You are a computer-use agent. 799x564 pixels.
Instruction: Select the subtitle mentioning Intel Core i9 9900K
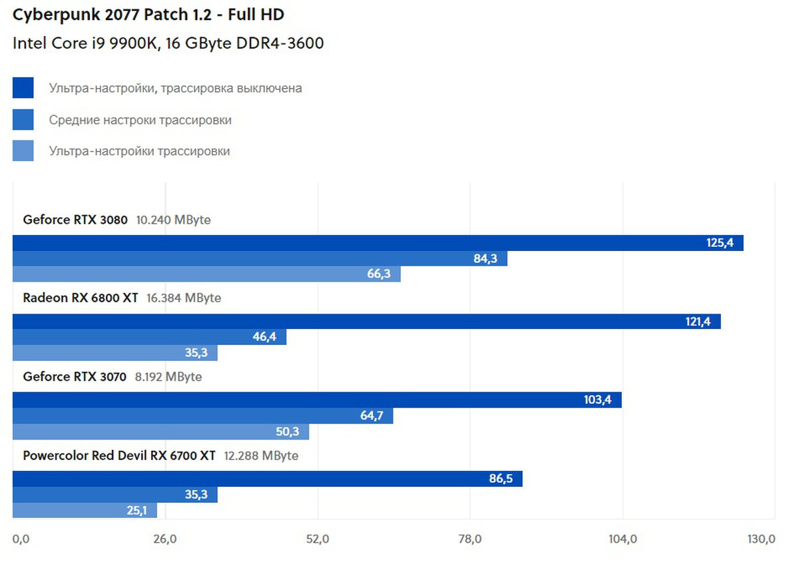[x=168, y=44]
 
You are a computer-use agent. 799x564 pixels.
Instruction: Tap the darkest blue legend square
[x=23, y=88]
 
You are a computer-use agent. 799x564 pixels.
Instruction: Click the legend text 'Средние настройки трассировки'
[x=140, y=121]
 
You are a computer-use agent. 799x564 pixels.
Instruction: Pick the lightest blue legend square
[x=23, y=150]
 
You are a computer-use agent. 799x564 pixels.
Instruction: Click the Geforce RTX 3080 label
[x=75, y=219]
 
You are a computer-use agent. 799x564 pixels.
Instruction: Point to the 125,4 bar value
[x=720, y=243]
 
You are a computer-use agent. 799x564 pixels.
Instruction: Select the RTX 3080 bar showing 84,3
[x=260, y=258]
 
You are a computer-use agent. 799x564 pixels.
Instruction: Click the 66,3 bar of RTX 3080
[x=206, y=274]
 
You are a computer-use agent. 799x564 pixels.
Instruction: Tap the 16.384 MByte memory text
[x=183, y=298]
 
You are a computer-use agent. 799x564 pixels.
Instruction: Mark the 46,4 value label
[x=264, y=337]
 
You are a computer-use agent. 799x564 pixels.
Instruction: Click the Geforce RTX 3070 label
[x=74, y=376]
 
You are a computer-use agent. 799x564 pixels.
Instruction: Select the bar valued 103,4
[x=317, y=400]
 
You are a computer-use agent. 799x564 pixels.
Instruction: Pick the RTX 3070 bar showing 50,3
[x=160, y=431]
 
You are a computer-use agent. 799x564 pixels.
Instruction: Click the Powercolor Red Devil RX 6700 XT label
[x=119, y=455]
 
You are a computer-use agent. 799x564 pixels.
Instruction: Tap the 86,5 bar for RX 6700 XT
[x=267, y=479]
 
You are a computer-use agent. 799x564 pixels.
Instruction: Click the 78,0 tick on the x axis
[x=470, y=539]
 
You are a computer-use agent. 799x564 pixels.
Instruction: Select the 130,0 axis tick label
[x=761, y=539]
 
